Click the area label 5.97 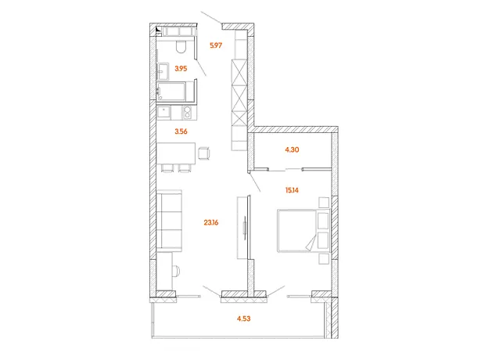[216, 45]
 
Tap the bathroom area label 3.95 [181, 68]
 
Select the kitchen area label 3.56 [181, 131]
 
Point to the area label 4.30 [292, 149]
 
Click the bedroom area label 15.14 [292, 190]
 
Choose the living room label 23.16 [211, 222]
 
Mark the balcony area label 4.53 [244, 319]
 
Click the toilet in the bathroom [181, 46]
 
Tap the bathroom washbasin [163, 71]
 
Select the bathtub [171, 91]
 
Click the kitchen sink [163, 113]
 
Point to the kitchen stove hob [187, 113]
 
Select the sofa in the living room [169, 221]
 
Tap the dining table [176, 153]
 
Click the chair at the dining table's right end [204, 153]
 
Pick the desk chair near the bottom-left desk [175, 271]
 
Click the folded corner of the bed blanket [311, 242]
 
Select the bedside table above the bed [324, 203]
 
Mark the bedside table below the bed [324, 259]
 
